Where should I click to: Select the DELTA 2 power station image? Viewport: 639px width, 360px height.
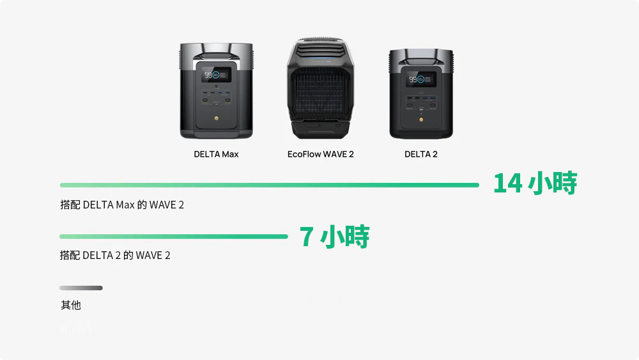click(421, 94)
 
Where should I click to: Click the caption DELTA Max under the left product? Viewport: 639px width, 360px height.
click(216, 154)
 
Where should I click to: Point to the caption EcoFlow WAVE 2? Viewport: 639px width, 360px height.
click(320, 154)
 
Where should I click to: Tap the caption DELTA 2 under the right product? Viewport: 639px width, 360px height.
click(421, 154)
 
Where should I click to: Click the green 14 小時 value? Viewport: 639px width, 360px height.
click(535, 184)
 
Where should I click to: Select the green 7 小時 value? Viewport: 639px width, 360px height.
click(335, 237)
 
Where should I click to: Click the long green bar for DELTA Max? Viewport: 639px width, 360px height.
click(269, 185)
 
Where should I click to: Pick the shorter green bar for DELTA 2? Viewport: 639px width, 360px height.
click(173, 237)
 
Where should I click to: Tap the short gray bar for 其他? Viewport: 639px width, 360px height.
click(81, 288)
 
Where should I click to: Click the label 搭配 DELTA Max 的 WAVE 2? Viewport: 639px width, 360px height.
click(122, 205)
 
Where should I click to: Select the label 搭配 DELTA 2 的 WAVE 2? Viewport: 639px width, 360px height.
click(115, 256)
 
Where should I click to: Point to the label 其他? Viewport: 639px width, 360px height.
click(71, 306)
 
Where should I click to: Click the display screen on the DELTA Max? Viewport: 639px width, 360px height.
click(217, 75)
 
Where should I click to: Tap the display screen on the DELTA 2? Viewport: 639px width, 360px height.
click(422, 81)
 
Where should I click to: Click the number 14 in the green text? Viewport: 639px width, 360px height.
click(508, 184)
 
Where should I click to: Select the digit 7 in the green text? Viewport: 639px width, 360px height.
click(307, 237)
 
